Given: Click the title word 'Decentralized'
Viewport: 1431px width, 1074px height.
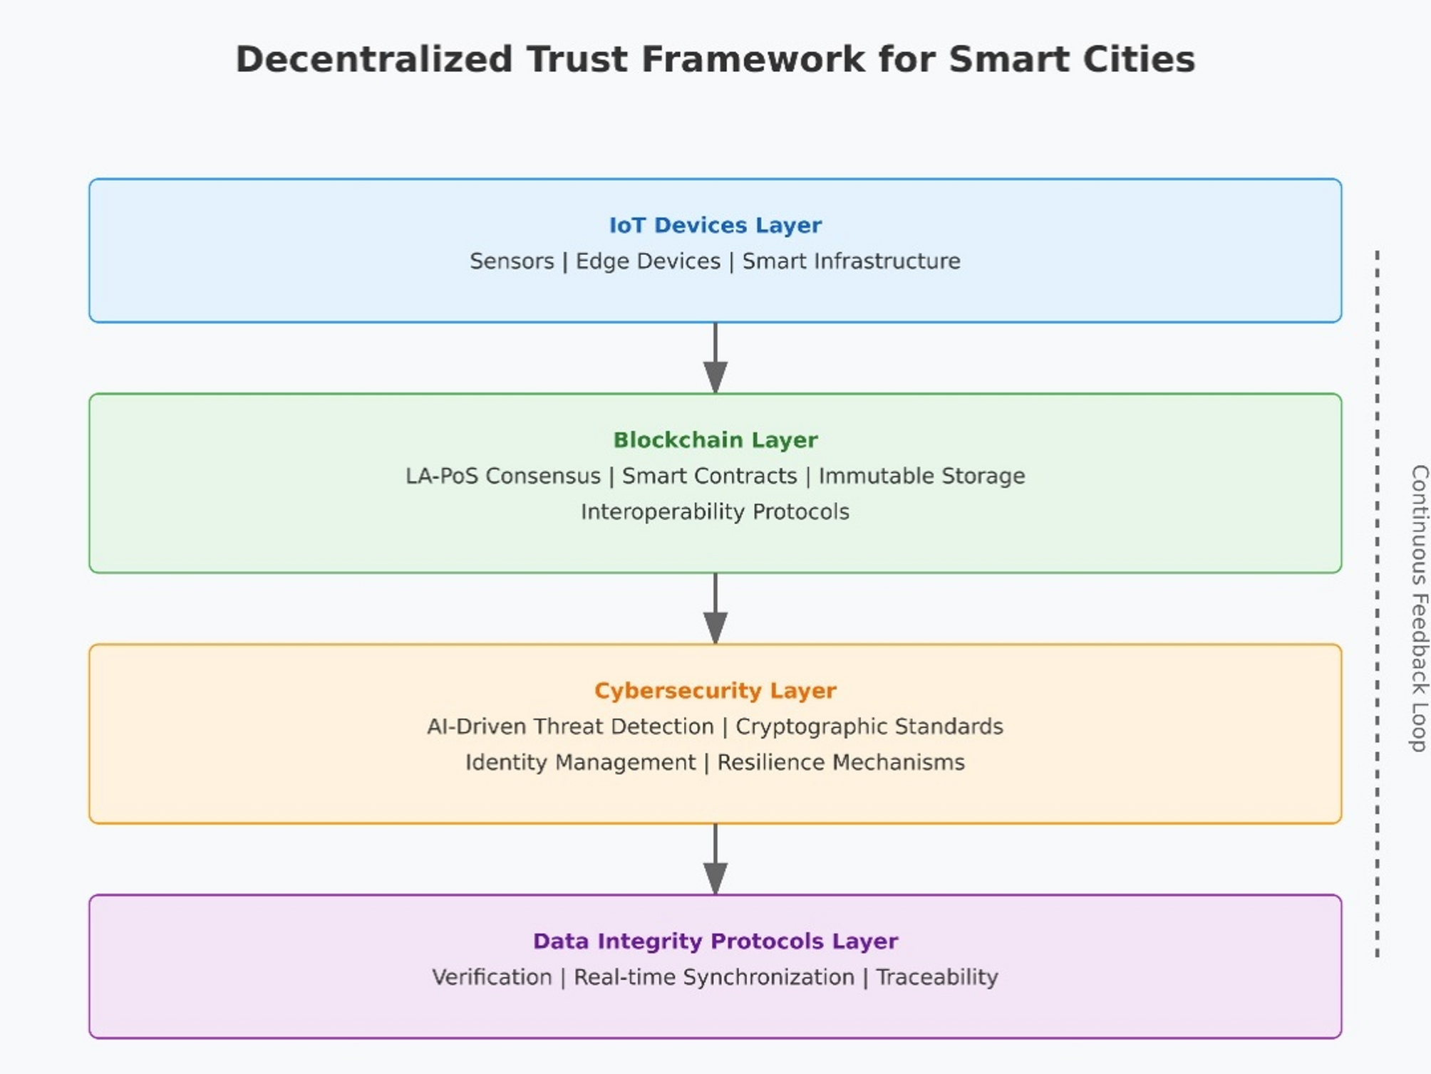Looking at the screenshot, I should tap(373, 59).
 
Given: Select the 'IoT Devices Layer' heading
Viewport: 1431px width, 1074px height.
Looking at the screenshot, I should tap(715, 225).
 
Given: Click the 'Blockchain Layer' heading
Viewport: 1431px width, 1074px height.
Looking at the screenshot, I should tap(715, 440).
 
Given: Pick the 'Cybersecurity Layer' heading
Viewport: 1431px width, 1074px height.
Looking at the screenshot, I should tap(715, 690).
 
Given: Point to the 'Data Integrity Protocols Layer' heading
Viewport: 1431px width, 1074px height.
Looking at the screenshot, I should tap(715, 941).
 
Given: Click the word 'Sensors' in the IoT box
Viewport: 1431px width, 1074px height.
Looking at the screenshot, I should tap(512, 261).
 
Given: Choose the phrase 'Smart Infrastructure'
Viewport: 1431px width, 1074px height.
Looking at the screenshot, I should tap(851, 261).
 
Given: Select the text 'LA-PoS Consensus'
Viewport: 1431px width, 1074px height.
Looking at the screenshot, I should tap(503, 476).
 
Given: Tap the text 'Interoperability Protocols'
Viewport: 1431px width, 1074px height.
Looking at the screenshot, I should tap(715, 511).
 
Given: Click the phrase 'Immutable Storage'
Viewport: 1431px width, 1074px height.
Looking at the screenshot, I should tap(921, 476).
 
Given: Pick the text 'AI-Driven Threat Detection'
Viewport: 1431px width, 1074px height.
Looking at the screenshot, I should tap(570, 726).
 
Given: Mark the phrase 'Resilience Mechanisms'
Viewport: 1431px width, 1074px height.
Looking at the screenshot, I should tap(841, 762).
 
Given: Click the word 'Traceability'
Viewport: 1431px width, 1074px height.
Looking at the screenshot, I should tap(936, 977).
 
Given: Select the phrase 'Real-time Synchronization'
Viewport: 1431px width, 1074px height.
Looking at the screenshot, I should tap(713, 977).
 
